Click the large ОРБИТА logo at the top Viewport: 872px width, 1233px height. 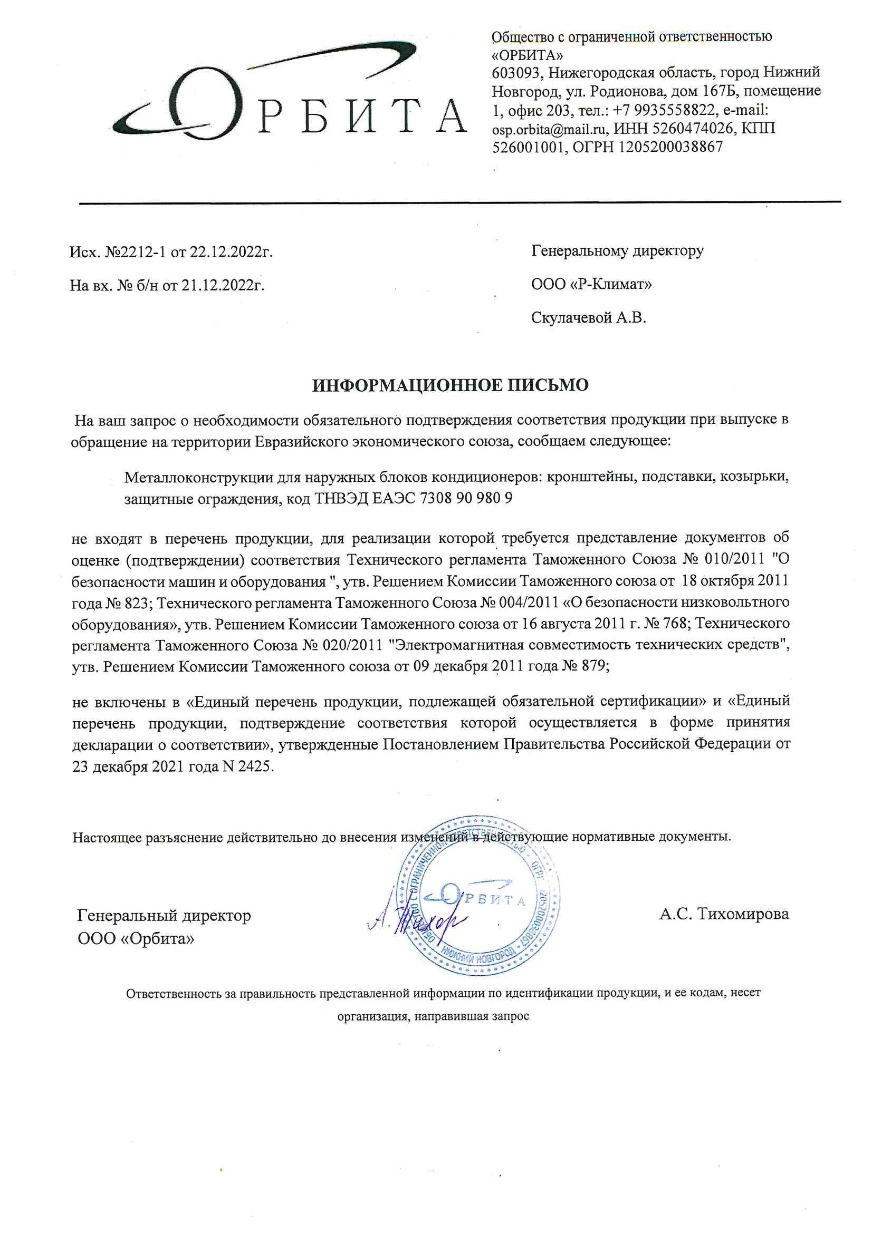click(x=290, y=96)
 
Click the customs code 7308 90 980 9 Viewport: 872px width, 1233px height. click(x=466, y=498)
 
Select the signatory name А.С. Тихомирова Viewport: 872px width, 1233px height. click(x=724, y=914)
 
